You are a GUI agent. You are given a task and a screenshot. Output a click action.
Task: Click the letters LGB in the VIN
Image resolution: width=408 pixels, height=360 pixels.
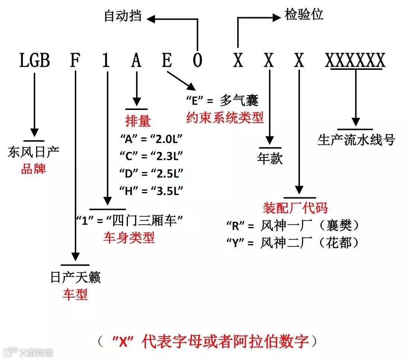point(35,61)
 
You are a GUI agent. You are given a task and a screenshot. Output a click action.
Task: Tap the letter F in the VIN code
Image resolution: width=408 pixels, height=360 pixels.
point(75,61)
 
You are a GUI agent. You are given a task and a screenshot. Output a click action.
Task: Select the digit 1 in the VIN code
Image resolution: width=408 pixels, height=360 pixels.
point(106,61)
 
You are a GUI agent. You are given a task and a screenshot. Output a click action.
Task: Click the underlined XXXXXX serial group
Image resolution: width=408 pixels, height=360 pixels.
point(355,61)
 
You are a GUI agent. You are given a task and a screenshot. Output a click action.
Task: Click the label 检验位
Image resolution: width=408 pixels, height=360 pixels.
point(304,15)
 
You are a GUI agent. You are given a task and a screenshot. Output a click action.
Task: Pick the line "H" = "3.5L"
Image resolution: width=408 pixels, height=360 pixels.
point(152,191)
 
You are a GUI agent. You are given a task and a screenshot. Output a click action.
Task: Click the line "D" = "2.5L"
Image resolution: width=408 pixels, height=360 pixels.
point(152,173)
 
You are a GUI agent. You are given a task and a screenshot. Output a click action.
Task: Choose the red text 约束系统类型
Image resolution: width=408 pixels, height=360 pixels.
point(225,118)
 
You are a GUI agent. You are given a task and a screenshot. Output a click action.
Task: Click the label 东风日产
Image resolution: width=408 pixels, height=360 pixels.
point(33,152)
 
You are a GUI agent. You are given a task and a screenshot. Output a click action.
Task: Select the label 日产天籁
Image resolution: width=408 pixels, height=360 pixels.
point(76,277)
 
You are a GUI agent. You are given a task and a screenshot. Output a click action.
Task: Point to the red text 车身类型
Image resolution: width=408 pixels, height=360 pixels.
point(129,238)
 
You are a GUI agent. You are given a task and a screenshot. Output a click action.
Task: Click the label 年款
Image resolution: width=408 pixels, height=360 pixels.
point(270,159)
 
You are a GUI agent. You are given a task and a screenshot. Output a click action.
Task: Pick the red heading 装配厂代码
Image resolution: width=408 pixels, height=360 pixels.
point(295,208)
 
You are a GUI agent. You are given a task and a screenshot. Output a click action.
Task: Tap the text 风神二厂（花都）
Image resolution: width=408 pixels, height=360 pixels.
point(310,243)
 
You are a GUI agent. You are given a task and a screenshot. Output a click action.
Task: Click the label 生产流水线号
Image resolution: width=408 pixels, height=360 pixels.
point(356,140)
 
